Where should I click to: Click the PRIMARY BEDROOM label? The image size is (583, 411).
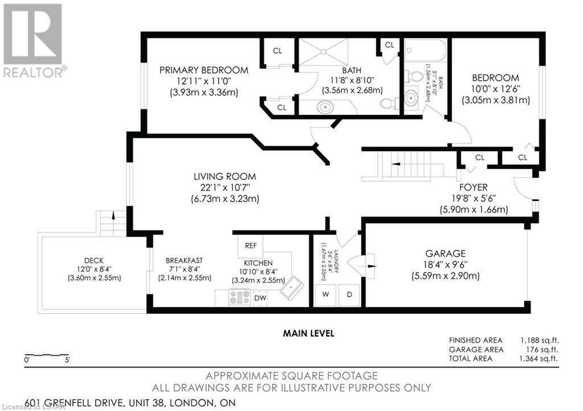click(204, 70)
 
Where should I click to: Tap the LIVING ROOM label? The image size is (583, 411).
click(224, 176)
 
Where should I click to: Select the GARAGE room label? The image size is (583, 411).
click(445, 253)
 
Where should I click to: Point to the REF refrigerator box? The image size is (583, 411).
click(251, 246)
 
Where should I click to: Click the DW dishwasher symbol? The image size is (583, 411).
click(260, 298)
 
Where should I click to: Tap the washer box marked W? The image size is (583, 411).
click(325, 295)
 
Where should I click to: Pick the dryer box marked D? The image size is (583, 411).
click(349, 295)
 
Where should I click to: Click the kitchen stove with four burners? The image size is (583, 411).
click(240, 297)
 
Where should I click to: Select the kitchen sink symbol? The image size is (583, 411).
click(292, 286)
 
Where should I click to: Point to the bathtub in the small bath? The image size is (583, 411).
click(425, 51)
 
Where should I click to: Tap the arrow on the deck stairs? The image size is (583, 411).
click(113, 215)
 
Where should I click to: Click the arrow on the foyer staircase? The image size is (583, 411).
click(395, 163)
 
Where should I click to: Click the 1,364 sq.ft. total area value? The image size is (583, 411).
click(539, 358)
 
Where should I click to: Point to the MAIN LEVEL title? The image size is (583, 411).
click(309, 334)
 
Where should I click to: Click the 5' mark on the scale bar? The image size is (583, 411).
click(67, 360)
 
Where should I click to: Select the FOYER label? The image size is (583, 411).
click(473, 187)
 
